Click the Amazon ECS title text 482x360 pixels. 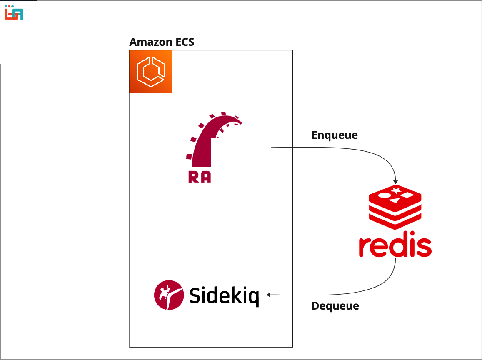click(162, 42)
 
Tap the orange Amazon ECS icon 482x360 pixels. click(151, 72)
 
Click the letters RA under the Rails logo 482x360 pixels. click(200, 177)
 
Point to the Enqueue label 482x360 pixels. click(335, 135)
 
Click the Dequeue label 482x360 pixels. click(335, 306)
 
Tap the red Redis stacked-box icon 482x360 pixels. click(395, 207)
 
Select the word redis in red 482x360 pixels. click(395, 246)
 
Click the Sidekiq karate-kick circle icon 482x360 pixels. click(169, 295)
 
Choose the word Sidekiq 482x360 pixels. click(224, 295)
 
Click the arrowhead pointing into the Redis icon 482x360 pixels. click(394, 182)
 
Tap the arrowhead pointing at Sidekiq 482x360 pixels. click(269, 295)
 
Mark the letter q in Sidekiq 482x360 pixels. click(254, 297)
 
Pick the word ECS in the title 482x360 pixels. click(183, 42)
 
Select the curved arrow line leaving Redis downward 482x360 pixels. click(383, 283)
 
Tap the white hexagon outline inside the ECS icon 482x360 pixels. click(151, 72)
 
